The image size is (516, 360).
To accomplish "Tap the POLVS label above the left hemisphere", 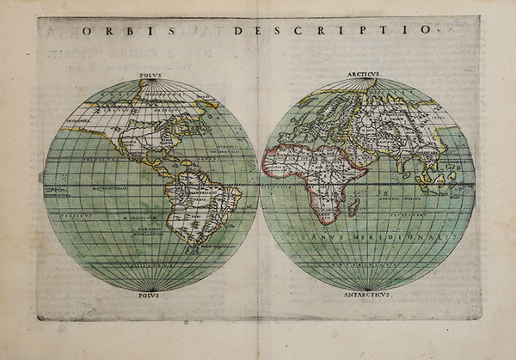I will tap(149, 75).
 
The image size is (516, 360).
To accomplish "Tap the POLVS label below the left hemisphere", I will tap(149, 295).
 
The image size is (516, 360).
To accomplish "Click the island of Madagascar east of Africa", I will tap(353, 207).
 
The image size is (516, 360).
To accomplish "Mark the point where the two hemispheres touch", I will tap(259, 185).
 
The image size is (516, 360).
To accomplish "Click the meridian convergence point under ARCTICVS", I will tap(369, 80).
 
